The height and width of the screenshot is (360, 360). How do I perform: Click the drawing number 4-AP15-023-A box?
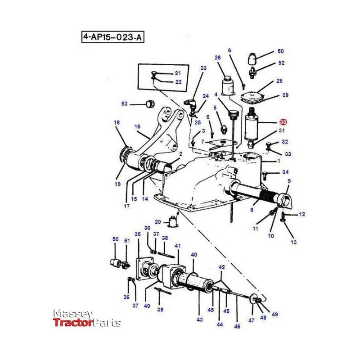tap(113, 37)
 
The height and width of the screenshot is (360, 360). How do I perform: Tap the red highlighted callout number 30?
tap(283, 122)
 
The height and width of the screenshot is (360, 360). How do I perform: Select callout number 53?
tap(125, 104)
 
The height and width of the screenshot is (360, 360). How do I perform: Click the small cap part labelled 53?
tap(150, 104)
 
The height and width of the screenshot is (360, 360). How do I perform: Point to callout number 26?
tap(218, 58)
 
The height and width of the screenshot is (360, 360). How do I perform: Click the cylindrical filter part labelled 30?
tap(252, 126)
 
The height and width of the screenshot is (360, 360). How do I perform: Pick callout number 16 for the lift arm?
tap(137, 126)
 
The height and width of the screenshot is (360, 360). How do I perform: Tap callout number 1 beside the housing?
tap(279, 161)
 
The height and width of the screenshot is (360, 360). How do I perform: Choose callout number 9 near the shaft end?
tap(289, 181)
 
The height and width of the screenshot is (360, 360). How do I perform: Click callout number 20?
tap(158, 222)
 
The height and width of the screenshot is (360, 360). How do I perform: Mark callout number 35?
tap(138, 234)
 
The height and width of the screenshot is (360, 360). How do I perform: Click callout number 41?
tap(178, 246)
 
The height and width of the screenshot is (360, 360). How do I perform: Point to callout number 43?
tap(200, 319)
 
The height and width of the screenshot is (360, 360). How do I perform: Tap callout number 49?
tap(274, 314)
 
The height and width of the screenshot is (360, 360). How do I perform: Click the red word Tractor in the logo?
tap(73, 323)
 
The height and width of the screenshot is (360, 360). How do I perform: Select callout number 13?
tap(294, 242)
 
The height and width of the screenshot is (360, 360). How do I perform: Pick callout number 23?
tap(203, 68)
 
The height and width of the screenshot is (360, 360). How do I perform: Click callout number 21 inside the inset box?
tap(178, 73)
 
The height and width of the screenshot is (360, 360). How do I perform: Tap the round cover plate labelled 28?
tap(252, 98)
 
